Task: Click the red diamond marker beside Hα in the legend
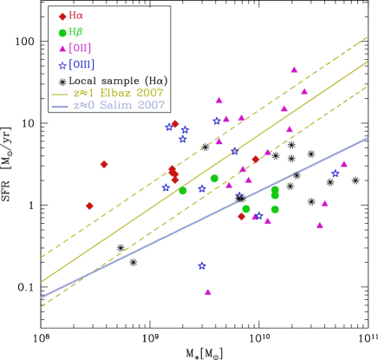[62, 16]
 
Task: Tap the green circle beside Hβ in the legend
[62, 33]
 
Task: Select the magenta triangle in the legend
[62, 49]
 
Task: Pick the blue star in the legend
[62, 65]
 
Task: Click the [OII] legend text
[80, 49]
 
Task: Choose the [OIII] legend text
[81, 65]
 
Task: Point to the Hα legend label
[76, 16]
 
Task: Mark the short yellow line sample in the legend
[60, 94]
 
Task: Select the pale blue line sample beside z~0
[60, 107]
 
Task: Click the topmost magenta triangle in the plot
[294, 69]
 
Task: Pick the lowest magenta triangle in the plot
[208, 291]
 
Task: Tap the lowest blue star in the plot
[202, 265]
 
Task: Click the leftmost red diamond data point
[89, 206]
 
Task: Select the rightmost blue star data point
[335, 173]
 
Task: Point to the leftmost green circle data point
[183, 191]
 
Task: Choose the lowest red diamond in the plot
[241, 216]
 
